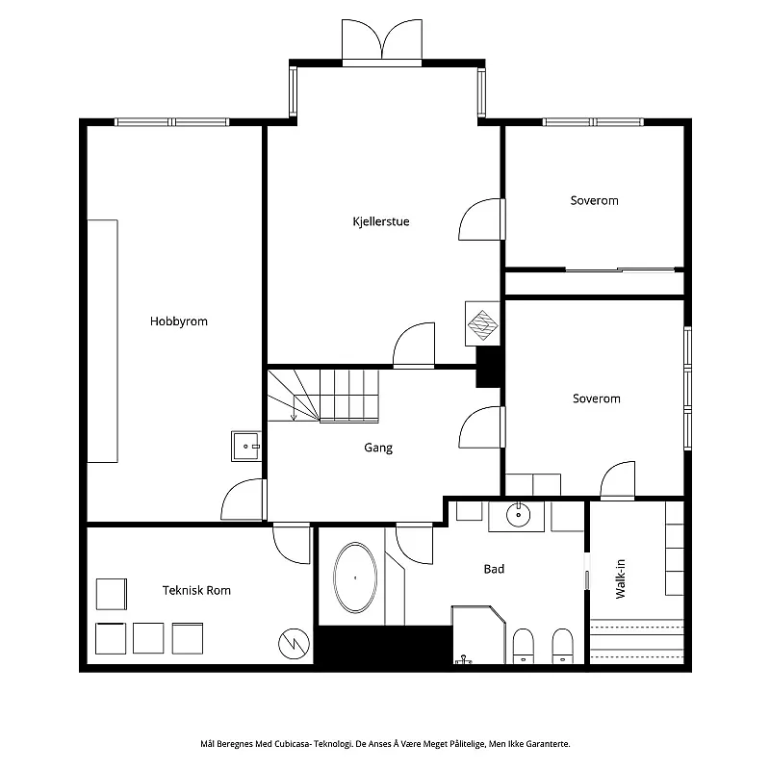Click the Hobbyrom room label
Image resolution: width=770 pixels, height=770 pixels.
tap(179, 321)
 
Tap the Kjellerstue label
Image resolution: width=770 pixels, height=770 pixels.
tap(380, 221)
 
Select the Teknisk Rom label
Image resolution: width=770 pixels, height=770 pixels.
tap(196, 590)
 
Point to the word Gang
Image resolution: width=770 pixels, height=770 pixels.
tap(378, 448)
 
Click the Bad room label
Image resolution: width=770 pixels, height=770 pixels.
tap(494, 569)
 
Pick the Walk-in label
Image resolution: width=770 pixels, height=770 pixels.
tap(620, 579)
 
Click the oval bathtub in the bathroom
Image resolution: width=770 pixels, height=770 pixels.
tap(355, 577)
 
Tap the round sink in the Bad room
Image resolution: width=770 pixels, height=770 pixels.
tap(518, 515)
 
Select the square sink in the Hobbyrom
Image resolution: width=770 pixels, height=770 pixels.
tap(246, 446)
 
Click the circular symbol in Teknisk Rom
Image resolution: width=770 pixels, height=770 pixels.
tap(294, 644)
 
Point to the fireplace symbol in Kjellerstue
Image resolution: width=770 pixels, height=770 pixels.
tap(482, 323)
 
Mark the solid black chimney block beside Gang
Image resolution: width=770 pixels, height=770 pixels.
tap(489, 367)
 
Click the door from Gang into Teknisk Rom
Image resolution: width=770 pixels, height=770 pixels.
tap(292, 543)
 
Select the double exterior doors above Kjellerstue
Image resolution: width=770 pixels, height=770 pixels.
tap(381, 42)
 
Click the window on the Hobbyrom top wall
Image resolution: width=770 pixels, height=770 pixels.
tap(172, 122)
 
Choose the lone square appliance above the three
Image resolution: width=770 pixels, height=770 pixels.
tap(112, 594)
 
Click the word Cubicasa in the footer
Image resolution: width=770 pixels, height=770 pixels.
tap(293, 744)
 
